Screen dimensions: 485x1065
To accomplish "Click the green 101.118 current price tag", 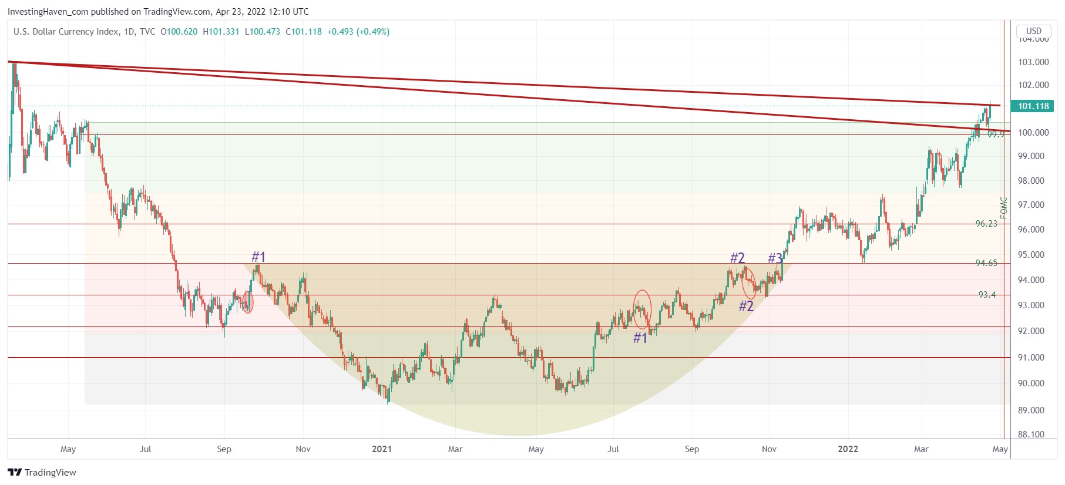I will [x=1033, y=106].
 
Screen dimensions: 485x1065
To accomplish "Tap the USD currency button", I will [x=1033, y=31].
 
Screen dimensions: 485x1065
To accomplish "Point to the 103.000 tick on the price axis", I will [x=1033, y=62].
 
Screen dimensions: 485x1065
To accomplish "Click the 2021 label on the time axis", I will [x=382, y=449].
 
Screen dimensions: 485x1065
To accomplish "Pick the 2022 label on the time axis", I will [x=848, y=449].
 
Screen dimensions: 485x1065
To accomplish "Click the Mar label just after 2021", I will [x=455, y=449].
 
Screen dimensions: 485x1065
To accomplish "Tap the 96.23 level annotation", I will [x=986, y=224].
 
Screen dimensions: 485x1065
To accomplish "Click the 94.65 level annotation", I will [x=986, y=263].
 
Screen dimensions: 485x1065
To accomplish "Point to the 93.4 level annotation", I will [x=987, y=295].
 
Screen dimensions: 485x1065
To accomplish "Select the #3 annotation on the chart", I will [x=775, y=258].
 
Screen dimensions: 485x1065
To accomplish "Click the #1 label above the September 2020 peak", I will [x=258, y=257].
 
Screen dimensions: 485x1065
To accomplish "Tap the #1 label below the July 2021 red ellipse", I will [x=640, y=338].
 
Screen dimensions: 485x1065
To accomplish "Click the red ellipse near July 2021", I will [x=642, y=309].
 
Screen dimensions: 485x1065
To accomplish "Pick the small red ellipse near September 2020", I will [x=248, y=302].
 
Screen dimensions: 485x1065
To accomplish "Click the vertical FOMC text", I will [x=1004, y=208].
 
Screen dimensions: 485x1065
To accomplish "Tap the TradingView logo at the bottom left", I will [x=42, y=473].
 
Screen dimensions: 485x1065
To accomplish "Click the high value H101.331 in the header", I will [x=221, y=32].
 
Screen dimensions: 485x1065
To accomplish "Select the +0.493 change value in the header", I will [x=340, y=32].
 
